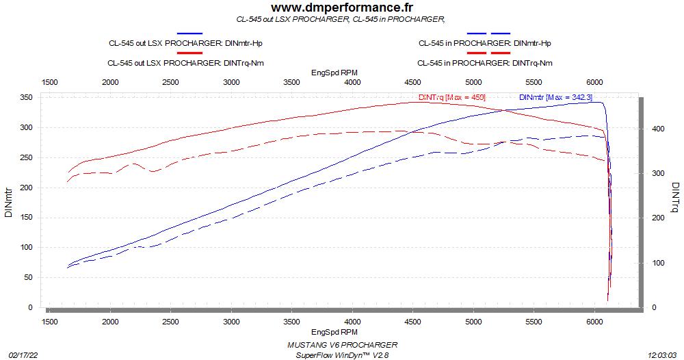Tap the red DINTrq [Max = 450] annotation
coord(451,97)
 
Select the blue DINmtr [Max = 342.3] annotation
coord(555,97)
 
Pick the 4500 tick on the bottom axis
coord(413,320)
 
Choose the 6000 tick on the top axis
coord(595,82)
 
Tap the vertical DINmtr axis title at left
coord(8,203)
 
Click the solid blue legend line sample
coord(189,34)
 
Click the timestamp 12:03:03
coord(663,355)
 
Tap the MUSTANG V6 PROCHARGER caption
coord(339,345)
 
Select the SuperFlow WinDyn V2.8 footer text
coord(339,355)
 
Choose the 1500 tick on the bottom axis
coord(50,320)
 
